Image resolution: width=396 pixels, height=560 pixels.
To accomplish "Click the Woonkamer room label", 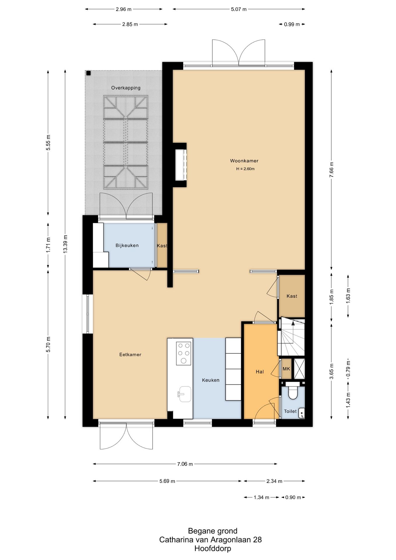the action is point(244,161).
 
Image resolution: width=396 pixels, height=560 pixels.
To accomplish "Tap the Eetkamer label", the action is point(130,355).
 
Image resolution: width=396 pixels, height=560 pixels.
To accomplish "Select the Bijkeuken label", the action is point(127,246).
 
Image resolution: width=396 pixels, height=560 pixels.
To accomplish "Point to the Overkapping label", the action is point(126,88).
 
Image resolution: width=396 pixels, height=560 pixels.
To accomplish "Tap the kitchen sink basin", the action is point(185,394).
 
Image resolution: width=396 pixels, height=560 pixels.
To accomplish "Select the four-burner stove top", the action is point(184,353).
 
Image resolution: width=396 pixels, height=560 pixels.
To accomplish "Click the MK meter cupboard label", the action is point(286,369).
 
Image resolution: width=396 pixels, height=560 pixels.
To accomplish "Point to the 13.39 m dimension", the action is point(65,244).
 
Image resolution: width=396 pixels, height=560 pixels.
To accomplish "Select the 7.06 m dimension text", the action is point(185,464).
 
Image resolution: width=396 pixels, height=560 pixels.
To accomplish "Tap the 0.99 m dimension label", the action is point(292,24).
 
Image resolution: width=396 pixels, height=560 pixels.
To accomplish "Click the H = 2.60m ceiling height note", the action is point(245,169).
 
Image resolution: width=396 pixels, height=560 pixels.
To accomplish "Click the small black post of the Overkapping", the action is point(89,73).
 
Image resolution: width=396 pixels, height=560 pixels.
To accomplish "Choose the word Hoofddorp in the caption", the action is point(213,548).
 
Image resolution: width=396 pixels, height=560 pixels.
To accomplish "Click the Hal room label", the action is point(260,372).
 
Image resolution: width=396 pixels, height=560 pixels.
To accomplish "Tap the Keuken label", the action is point(211,380).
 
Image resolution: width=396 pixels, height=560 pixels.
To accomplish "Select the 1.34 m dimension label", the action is point(261,498).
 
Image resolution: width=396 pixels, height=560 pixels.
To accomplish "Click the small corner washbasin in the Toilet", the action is point(302,413).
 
